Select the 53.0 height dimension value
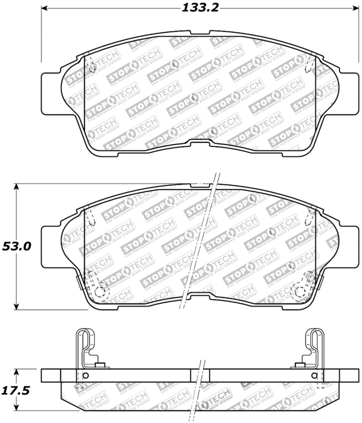[x=17, y=247]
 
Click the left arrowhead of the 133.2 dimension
[x=44, y=8]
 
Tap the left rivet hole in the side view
[x=85, y=377]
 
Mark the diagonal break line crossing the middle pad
[x=201, y=241]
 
